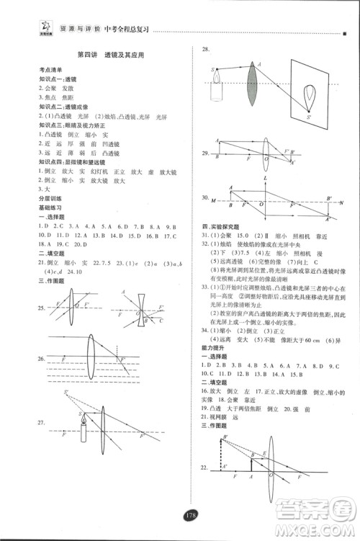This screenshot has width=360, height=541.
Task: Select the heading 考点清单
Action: coord(51,70)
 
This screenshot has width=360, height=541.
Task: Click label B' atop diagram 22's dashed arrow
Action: coord(225,439)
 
